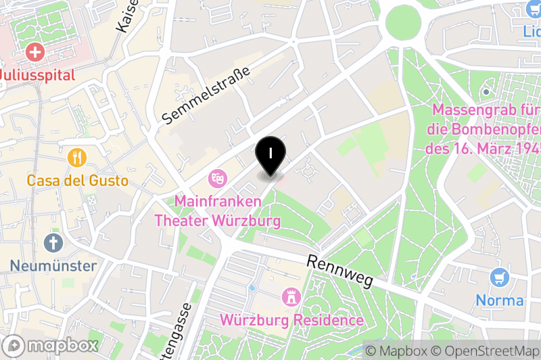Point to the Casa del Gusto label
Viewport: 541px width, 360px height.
pyautogui.click(x=78, y=181)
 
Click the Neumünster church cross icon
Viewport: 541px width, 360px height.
pyautogui.click(x=53, y=243)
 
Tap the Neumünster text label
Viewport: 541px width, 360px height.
pyautogui.click(x=53, y=265)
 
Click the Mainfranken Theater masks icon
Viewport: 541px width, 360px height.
pyautogui.click(x=217, y=178)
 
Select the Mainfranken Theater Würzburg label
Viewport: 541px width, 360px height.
pyautogui.click(x=217, y=210)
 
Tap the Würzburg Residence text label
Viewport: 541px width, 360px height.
pyautogui.click(x=291, y=319)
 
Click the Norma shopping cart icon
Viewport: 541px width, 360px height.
pyautogui.click(x=500, y=277)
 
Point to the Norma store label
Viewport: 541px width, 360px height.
pyautogui.click(x=500, y=300)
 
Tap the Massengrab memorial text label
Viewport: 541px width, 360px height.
pyautogui.click(x=484, y=129)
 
